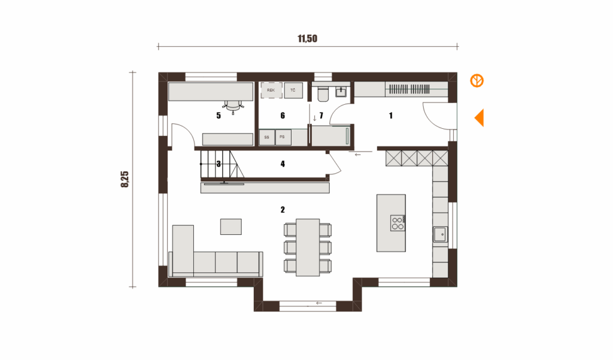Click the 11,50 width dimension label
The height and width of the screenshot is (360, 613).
(307, 38)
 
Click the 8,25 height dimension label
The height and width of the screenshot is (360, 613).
(125, 179)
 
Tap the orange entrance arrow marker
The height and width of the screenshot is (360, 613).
(480, 118)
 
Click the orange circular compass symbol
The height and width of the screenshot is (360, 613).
(477, 81)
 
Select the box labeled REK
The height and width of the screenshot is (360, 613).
(271, 90)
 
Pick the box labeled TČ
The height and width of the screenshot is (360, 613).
(293, 90)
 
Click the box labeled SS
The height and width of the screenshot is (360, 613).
(267, 137)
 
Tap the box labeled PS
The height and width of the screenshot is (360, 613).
(283, 137)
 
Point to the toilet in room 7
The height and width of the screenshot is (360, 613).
(323, 92)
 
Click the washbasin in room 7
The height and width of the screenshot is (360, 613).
(341, 91)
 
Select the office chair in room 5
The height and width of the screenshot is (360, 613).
(233, 105)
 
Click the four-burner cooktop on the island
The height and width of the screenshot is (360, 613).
(397, 223)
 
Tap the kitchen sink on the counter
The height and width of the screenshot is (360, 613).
(441, 235)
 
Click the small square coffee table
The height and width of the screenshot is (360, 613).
(230, 226)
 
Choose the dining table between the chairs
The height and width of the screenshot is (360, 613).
(308, 247)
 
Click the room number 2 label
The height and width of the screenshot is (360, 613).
(283, 210)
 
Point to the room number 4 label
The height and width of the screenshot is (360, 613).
(283, 164)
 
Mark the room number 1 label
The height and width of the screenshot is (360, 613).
(390, 116)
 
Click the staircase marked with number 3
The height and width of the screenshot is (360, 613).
(221, 164)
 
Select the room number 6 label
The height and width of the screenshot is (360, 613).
(283, 116)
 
